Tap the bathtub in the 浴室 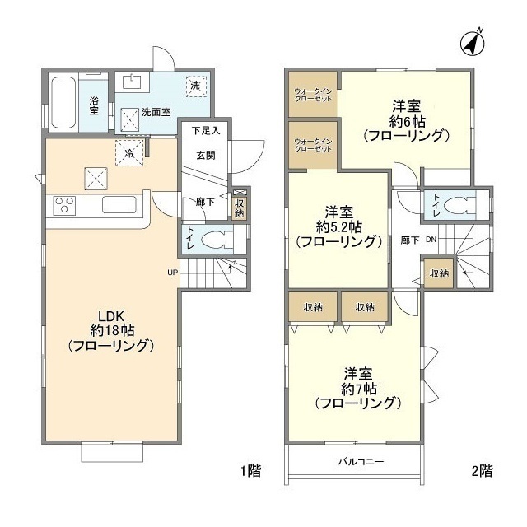63,102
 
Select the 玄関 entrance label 205,154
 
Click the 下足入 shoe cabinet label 204,130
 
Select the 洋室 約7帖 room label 357,389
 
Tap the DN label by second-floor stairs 429,240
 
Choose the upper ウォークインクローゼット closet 312,95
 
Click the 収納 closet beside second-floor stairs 438,273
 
